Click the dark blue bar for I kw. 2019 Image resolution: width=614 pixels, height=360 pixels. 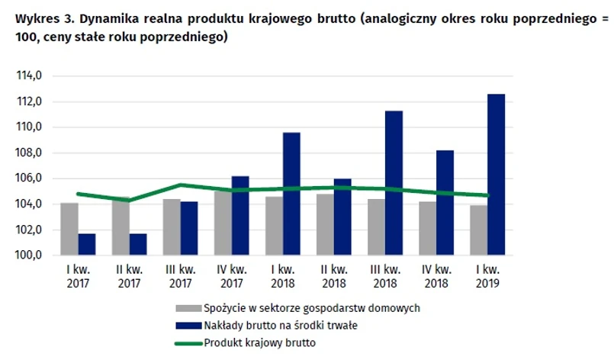coord(496,175)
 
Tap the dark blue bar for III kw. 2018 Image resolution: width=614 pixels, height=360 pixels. coord(394,183)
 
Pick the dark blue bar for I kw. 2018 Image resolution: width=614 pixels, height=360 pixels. coord(291,194)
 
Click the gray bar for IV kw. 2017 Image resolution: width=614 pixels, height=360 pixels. coord(223,223)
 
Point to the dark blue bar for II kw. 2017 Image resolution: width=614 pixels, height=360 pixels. coord(138,244)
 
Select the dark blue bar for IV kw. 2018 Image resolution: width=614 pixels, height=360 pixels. coord(445,203)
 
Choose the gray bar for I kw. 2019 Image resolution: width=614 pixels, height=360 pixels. coord(477,230)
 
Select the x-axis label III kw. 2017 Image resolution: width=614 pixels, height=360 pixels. coord(181,276)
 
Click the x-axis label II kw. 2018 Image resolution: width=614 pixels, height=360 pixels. coord(334,276)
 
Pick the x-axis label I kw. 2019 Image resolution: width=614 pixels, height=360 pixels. coord(487,276)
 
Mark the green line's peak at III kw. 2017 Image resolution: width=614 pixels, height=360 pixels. coord(180,185)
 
